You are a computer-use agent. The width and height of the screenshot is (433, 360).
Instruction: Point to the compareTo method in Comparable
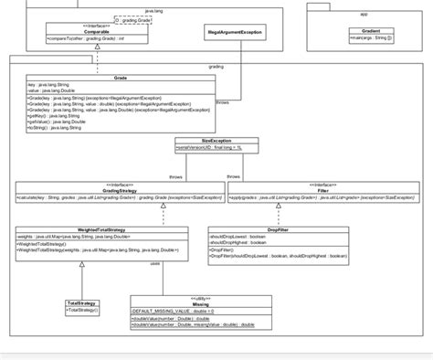86,38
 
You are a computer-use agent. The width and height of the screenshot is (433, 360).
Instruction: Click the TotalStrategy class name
81,302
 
